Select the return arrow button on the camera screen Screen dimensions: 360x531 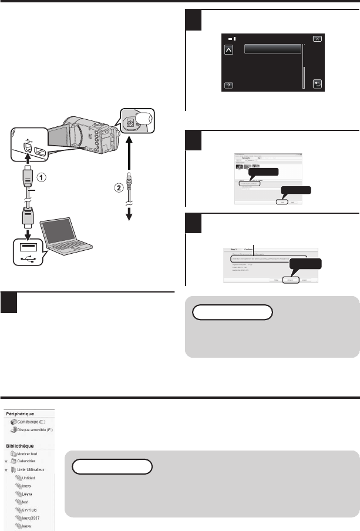click(x=317, y=84)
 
